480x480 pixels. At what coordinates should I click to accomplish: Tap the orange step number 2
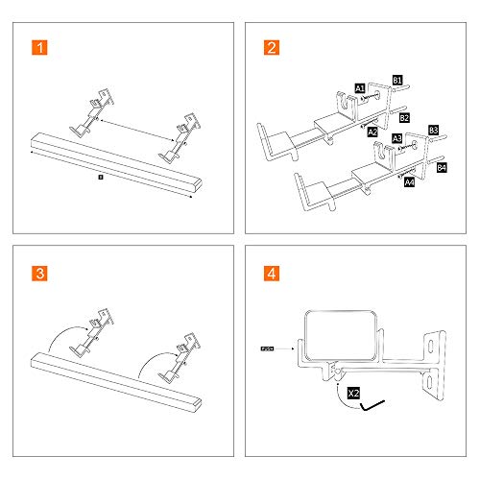pyautogui.click(x=272, y=48)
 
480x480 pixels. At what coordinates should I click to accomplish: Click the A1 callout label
pyautogui.click(x=359, y=87)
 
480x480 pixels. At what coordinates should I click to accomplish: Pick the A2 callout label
pyautogui.click(x=372, y=131)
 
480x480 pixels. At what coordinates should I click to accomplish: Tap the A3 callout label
pyautogui.click(x=396, y=139)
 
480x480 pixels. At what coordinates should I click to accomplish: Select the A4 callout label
pyautogui.click(x=409, y=180)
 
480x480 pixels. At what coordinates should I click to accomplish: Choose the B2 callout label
pyautogui.click(x=404, y=117)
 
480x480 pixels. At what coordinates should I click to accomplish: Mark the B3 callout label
pyautogui.click(x=433, y=129)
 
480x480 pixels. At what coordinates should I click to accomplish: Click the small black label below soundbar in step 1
pyautogui.click(x=100, y=177)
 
